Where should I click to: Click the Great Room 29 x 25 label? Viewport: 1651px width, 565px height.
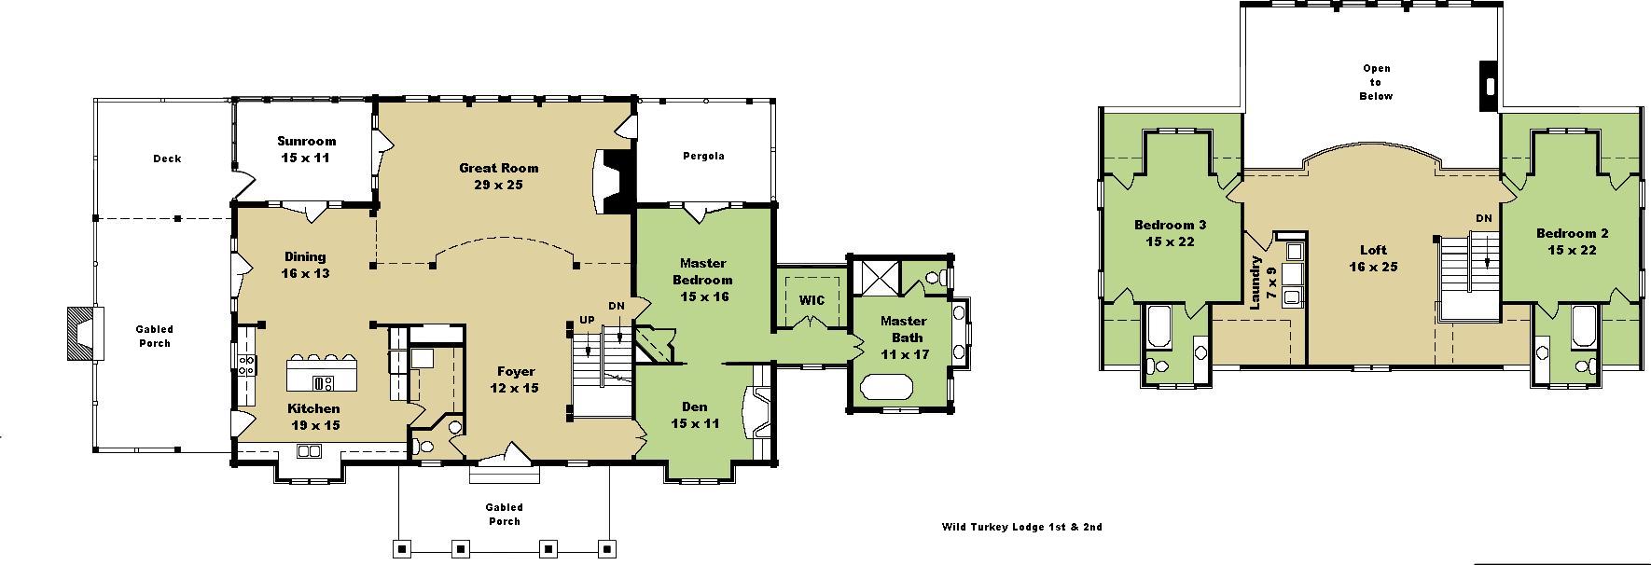point(498,176)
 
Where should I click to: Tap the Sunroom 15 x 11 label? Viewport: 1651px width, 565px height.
point(306,149)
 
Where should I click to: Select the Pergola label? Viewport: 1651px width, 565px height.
point(702,156)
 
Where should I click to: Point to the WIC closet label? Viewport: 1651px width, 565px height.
point(811,300)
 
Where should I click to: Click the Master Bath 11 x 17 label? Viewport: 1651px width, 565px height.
point(904,338)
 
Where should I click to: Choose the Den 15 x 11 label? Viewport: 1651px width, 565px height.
point(695,415)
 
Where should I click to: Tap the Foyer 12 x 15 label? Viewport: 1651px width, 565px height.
point(516,379)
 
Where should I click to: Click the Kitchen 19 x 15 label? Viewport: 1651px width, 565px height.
point(313,417)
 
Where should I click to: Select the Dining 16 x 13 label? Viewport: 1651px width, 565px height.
point(305,265)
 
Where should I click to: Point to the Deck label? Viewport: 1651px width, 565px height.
point(167,158)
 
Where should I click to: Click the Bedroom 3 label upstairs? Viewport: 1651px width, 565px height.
point(1170,233)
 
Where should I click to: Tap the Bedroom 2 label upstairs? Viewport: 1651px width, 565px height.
point(1572,241)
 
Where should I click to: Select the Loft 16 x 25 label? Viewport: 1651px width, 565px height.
point(1373,258)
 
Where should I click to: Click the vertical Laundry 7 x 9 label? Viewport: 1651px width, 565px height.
point(1263,282)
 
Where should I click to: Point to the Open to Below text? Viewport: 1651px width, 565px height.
point(1377,82)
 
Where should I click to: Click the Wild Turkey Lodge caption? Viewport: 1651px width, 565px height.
point(1021,527)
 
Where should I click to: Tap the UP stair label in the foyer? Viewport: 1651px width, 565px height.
point(586,320)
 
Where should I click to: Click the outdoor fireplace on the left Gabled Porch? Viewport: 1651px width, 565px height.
point(81,334)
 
